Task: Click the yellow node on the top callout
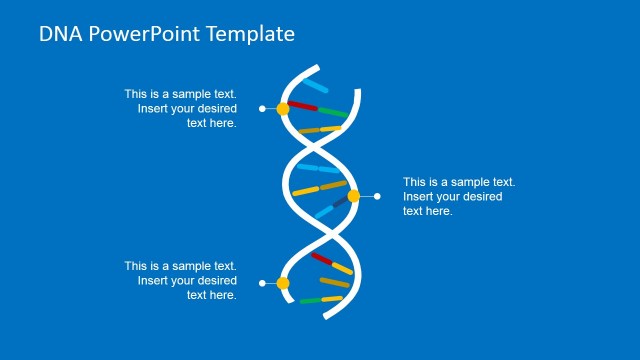[283, 108]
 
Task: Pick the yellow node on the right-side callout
[353, 196]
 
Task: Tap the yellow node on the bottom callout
[283, 283]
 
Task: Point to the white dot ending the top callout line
[262, 108]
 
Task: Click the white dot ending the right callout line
[377, 196]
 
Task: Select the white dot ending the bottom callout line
[262, 283]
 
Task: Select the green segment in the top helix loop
[334, 112]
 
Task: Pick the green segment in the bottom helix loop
[309, 300]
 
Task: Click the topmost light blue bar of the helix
[315, 87]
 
